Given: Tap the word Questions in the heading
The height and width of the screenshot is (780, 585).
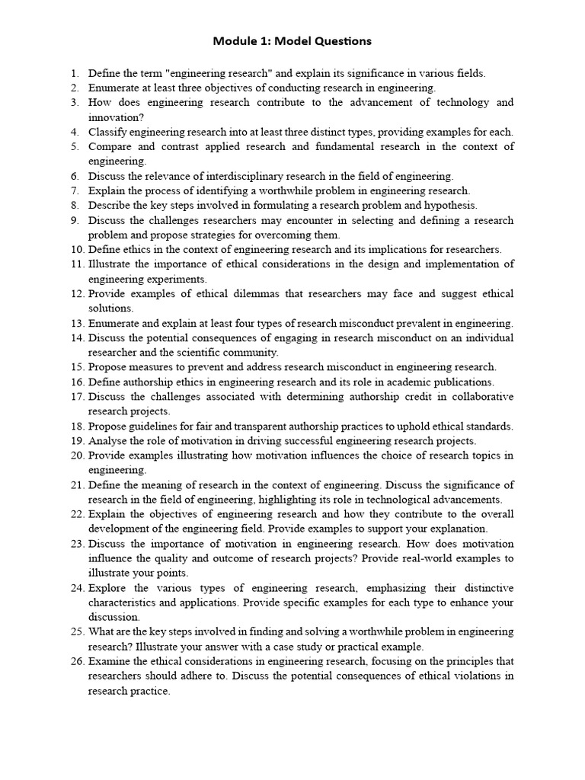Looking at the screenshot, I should click(x=340, y=40).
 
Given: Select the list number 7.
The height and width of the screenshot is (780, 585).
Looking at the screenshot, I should click(x=75, y=190).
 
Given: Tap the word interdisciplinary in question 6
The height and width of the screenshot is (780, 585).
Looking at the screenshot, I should click(x=248, y=176).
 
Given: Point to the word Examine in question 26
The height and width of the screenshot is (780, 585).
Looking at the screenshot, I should click(x=110, y=662).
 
